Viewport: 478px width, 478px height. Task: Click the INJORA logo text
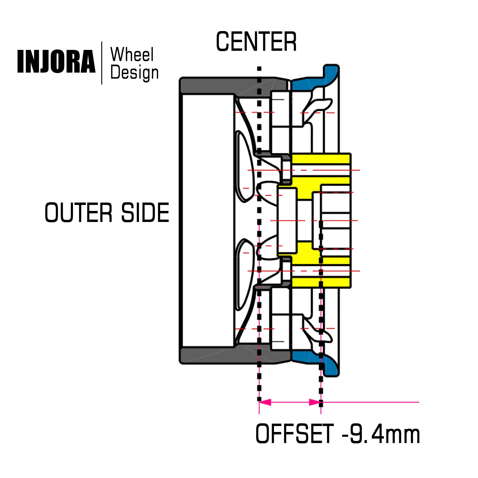(x=56, y=62)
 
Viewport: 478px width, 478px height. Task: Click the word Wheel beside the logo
(x=132, y=55)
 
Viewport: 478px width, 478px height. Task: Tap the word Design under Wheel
(x=134, y=73)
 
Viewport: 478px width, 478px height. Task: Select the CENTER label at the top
(x=256, y=42)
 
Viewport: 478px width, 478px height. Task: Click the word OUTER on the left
(x=78, y=212)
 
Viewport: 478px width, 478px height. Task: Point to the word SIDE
(x=145, y=212)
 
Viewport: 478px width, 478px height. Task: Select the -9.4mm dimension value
(x=381, y=434)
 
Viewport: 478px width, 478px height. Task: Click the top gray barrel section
(x=227, y=86)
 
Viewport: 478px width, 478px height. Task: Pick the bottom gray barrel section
(x=227, y=356)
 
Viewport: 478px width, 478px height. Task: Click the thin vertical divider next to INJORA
(x=102, y=63)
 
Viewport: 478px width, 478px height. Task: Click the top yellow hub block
(x=321, y=159)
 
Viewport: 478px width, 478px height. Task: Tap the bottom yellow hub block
(x=321, y=282)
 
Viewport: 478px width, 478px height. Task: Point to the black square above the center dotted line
(x=259, y=69)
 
